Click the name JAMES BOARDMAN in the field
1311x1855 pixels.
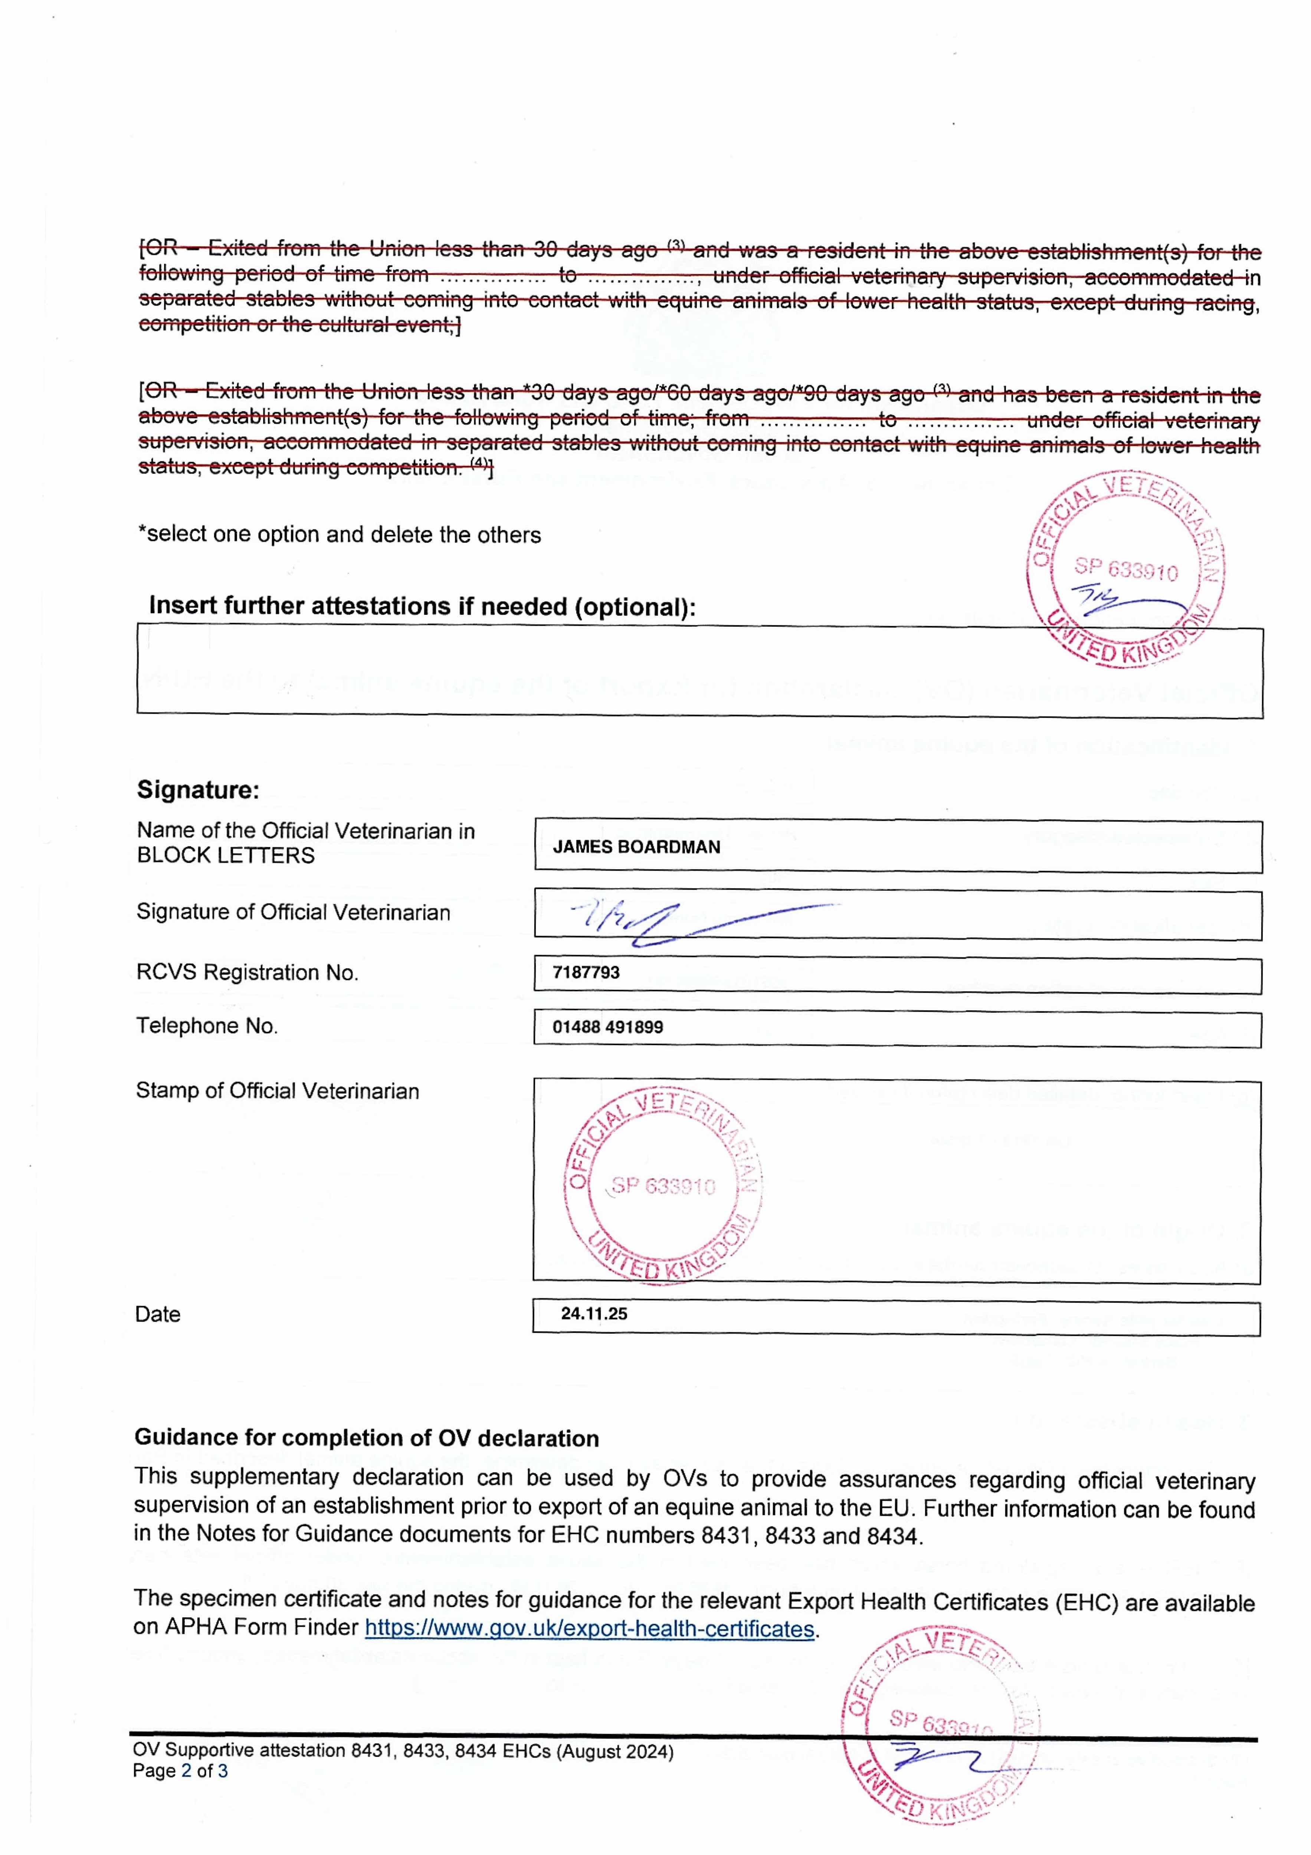tap(636, 847)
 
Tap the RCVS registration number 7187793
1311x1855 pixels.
tap(586, 972)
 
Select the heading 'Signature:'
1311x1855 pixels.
tap(198, 789)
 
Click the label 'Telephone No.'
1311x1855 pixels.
tap(207, 1025)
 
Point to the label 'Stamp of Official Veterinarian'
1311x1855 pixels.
tap(277, 1091)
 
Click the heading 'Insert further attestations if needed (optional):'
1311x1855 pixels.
tap(422, 606)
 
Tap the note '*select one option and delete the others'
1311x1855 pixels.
tap(340, 534)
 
